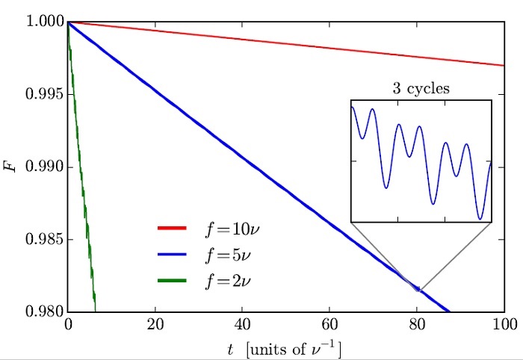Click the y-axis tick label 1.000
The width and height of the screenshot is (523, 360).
pos(42,22)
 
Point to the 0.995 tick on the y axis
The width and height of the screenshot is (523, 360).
pos(42,95)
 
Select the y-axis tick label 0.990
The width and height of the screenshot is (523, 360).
pos(42,167)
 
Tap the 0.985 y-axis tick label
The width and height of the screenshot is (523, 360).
pos(42,240)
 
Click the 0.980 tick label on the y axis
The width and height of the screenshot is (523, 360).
pos(42,312)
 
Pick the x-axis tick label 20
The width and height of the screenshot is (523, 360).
pos(155,326)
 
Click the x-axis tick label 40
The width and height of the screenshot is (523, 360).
pos(242,326)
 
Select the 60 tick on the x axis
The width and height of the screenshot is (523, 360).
pos(329,326)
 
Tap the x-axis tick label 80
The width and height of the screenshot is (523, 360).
pos(417,326)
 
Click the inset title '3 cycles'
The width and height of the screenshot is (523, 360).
pos(421,88)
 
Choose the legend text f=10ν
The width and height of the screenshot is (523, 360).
pos(234,229)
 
